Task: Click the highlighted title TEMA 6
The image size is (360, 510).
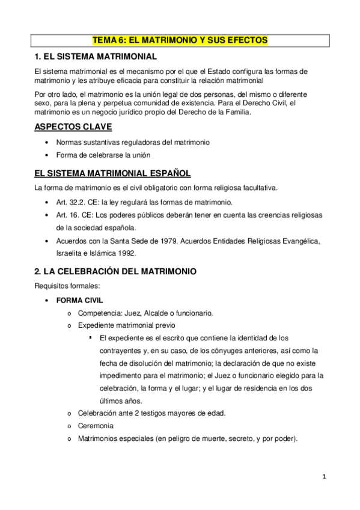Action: click(180, 40)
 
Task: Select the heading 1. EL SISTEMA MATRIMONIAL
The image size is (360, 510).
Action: click(96, 57)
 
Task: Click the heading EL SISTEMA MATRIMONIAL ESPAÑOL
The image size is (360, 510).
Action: click(112, 174)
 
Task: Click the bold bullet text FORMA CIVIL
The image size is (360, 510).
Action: click(79, 300)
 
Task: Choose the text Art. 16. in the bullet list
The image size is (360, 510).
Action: click(67, 215)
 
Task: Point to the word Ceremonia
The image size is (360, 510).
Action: click(96, 426)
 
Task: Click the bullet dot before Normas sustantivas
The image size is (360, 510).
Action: click(47, 143)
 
